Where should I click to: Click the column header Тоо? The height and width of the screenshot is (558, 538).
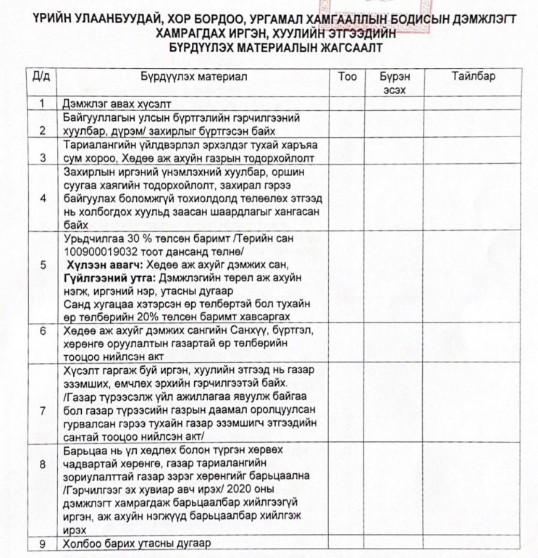[347, 76]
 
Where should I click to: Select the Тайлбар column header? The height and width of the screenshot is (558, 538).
[474, 76]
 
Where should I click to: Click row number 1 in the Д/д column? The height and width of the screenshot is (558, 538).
[43, 104]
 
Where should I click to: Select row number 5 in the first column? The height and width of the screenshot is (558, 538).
[43, 275]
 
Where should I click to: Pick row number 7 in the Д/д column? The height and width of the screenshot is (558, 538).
[43, 411]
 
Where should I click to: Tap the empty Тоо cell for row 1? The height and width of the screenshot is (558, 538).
[347, 104]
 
